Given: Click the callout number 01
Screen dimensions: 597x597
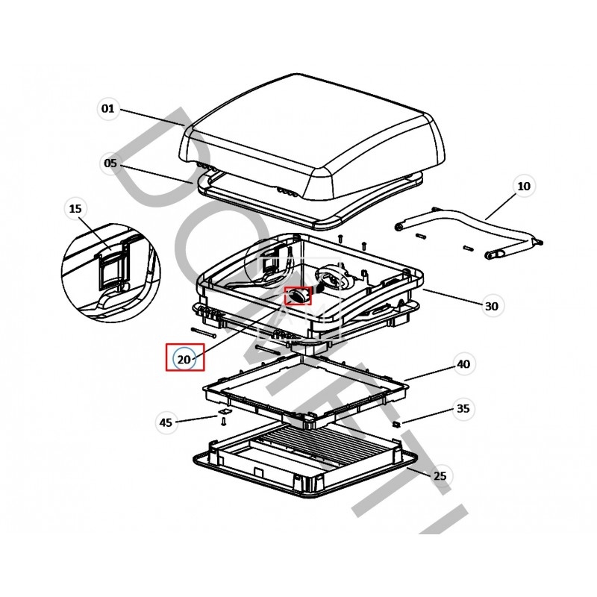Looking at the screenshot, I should (x=108, y=109).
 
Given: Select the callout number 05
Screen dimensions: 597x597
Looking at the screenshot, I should (x=110, y=163).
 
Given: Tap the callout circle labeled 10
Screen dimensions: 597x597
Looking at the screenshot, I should (x=523, y=187).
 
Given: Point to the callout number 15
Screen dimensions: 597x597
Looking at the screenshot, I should (x=75, y=209).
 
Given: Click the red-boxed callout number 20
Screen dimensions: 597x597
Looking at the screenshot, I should (x=184, y=359).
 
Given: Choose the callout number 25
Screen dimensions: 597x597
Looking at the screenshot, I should (x=440, y=475).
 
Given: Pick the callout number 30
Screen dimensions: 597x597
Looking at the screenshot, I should (x=491, y=306).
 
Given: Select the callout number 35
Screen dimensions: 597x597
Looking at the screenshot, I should (x=463, y=409).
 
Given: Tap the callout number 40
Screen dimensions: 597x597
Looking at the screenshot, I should (x=463, y=365).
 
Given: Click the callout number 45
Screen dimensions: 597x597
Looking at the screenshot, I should (x=166, y=422).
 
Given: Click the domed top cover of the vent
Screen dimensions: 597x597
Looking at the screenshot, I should (x=313, y=134).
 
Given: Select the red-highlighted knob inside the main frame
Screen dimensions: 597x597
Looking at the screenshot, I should (x=298, y=296).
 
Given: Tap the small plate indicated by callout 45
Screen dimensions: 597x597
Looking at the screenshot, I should (x=222, y=411).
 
